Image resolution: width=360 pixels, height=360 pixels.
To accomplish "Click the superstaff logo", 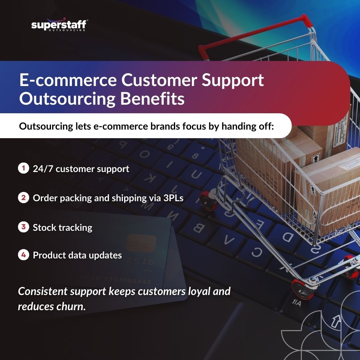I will tap(59, 25).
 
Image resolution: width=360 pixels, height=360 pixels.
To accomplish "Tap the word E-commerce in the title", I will tap(67, 81).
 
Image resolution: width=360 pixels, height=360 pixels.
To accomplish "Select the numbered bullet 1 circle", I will tap(23, 169).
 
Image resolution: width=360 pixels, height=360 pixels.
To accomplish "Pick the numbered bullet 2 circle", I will tap(23, 198).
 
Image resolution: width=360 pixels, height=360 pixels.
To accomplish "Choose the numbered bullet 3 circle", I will tap(23, 227).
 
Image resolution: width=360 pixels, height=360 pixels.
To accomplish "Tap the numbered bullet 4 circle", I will tap(23, 255).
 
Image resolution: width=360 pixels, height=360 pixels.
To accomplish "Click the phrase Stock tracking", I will tap(63, 227).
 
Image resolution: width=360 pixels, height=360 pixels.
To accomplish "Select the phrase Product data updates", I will tap(77, 256).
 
